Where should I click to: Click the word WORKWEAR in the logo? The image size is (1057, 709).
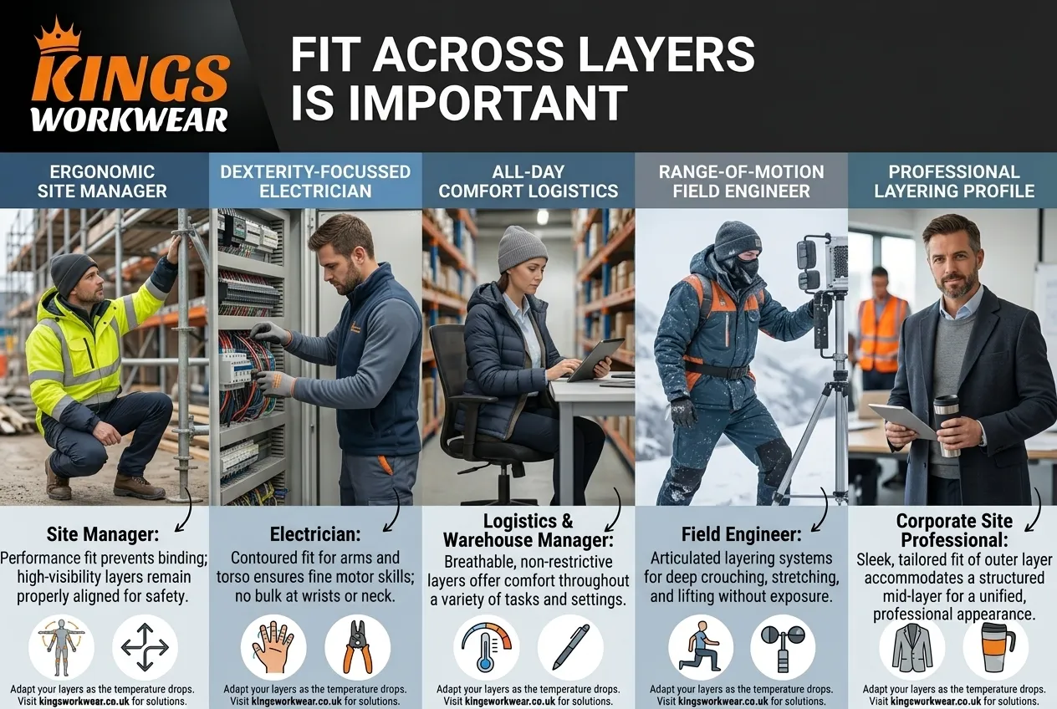tap(130, 120)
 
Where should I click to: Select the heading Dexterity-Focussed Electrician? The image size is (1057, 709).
tap(315, 181)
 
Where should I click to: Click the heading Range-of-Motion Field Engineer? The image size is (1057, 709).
tap(741, 181)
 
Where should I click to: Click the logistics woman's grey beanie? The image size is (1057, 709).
tap(522, 247)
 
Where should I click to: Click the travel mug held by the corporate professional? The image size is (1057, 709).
tap(947, 426)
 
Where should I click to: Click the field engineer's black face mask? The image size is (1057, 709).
tap(744, 270)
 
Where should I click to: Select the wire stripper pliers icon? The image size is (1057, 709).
tap(357, 647)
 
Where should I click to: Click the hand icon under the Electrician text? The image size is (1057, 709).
tap(273, 647)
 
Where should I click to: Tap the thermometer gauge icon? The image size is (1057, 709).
tap(486, 645)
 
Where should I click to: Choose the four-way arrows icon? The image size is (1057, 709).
tap(145, 647)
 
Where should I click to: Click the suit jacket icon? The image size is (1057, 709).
tap(911, 648)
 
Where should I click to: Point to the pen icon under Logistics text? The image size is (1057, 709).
tap(571, 647)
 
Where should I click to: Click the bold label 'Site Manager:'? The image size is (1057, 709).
tap(103, 534)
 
